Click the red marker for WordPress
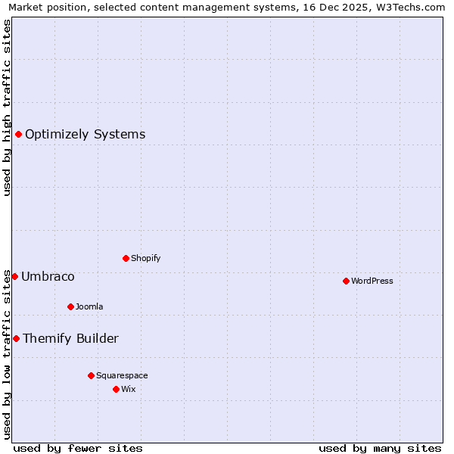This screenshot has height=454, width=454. pyautogui.click(x=346, y=281)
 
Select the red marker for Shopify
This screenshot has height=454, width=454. pyautogui.click(x=126, y=258)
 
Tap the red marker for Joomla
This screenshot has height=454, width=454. pyautogui.click(x=70, y=306)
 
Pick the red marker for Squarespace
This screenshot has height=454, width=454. pyautogui.click(x=91, y=375)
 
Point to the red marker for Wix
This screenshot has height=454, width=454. pyautogui.click(x=116, y=389)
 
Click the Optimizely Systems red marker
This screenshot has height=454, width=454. pyautogui.click(x=18, y=135)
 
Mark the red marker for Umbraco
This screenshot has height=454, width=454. pyautogui.click(x=14, y=276)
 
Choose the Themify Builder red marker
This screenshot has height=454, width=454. pyautogui.click(x=16, y=338)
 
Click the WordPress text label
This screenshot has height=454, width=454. pyautogui.click(x=372, y=281)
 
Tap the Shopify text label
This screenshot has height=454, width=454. pyautogui.click(x=146, y=258)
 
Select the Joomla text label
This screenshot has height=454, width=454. pyautogui.click(x=89, y=306)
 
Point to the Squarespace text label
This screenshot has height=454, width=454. pyautogui.click(x=122, y=375)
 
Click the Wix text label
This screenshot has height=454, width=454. pyautogui.click(x=128, y=389)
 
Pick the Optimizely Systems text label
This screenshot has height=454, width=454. pyautogui.click(x=85, y=135)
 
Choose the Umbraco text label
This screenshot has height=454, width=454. pyautogui.click(x=48, y=276)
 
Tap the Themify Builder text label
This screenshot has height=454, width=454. pyautogui.click(x=70, y=338)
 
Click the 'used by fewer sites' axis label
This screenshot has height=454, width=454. pyautogui.click(x=78, y=448)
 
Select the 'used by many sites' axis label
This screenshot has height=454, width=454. pyautogui.click(x=380, y=448)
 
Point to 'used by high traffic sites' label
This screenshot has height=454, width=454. pyautogui.click(x=7, y=107)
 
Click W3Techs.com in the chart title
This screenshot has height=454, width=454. pyautogui.click(x=407, y=8)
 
